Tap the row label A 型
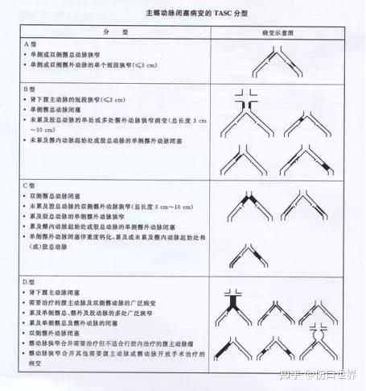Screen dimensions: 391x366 [x=31, y=43]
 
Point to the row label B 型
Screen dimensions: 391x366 [x=31, y=88]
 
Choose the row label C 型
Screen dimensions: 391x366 [x=31, y=186]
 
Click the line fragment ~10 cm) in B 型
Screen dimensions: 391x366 [x=47, y=129]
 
